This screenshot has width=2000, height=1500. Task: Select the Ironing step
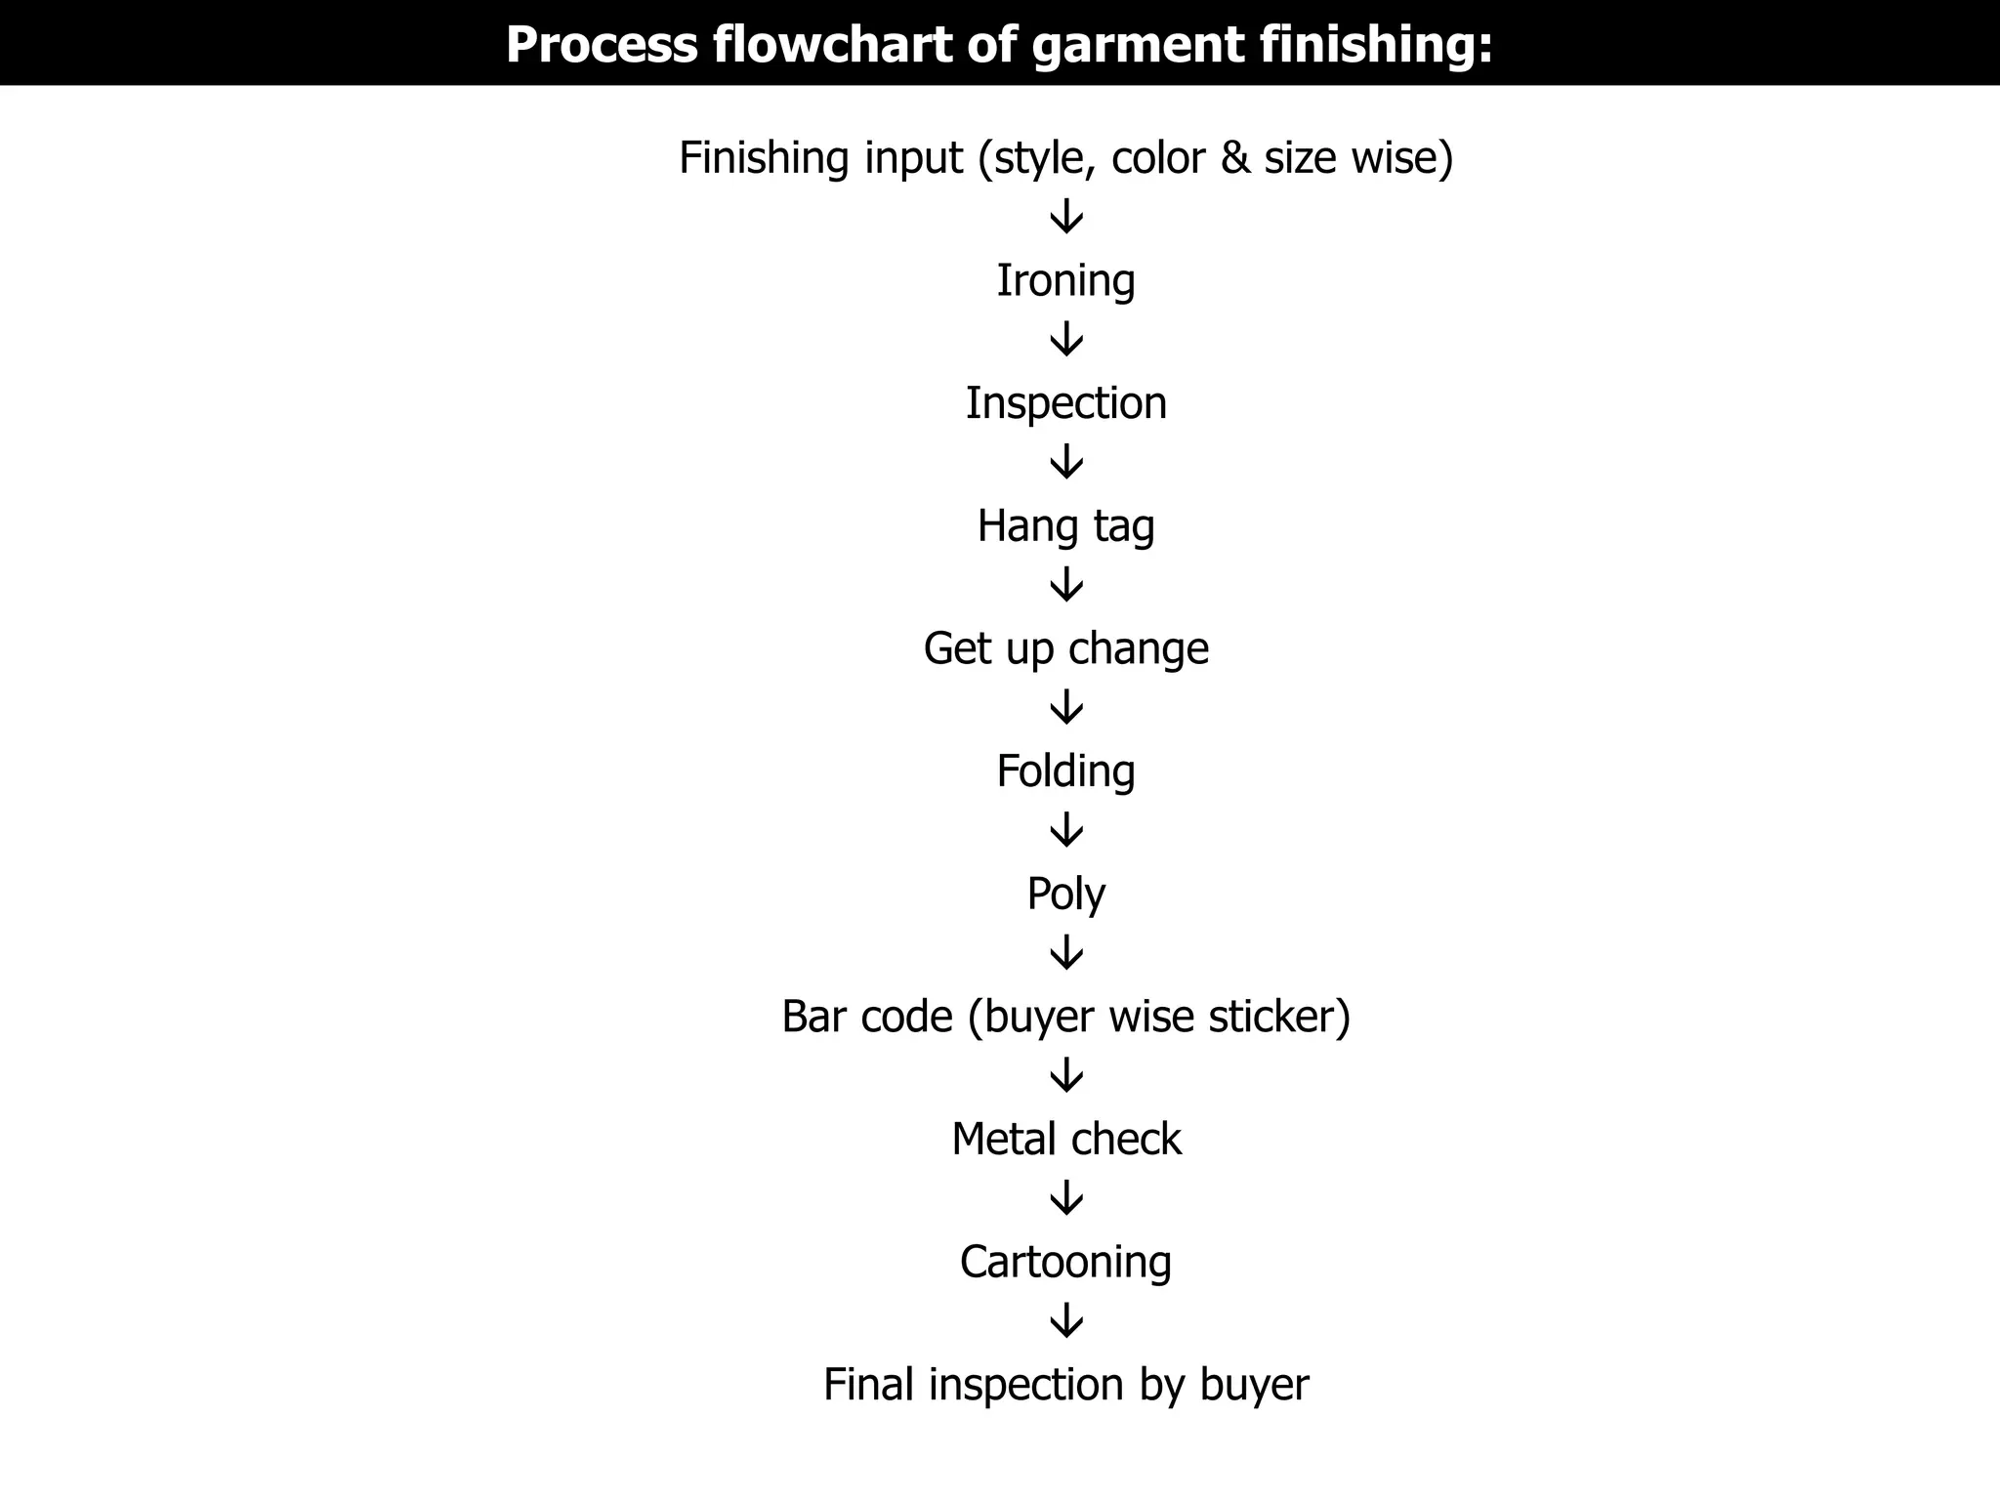(1065, 281)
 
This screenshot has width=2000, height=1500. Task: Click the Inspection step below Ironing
(1065, 403)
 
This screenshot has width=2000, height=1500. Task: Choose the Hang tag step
(1065, 526)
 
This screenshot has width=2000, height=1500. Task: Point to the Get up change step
(1065, 648)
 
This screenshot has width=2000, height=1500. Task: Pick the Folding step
(1065, 771)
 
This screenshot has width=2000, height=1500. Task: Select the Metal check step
(1065, 1140)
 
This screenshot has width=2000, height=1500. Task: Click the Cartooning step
(1065, 1262)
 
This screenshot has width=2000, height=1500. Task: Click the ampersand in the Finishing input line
(1235, 158)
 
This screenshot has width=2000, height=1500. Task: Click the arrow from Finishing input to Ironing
(1066, 217)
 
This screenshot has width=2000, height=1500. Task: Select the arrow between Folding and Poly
(1066, 830)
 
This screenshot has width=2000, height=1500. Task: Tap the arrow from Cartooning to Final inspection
(1066, 1321)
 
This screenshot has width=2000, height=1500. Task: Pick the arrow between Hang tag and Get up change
(1066, 585)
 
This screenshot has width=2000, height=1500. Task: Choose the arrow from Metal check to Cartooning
(1066, 1198)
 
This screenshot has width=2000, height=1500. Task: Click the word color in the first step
(1157, 158)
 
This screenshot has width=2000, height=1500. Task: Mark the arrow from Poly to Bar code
(1066, 953)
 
